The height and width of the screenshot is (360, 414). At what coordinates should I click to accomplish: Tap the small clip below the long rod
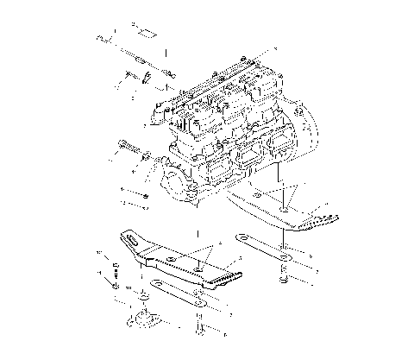pos(147,80)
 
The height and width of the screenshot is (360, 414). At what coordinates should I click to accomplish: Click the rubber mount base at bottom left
pos(140,321)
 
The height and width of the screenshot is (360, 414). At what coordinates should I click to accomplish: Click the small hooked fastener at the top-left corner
pos(104,38)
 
